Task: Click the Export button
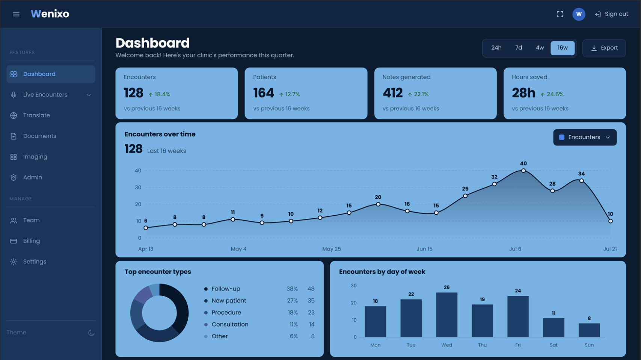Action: coord(604,48)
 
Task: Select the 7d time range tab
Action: coord(519,48)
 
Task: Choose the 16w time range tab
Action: coord(562,48)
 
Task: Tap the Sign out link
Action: coord(612,14)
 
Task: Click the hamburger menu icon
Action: coord(16,14)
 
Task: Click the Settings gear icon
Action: coord(14,262)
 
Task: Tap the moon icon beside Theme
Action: coord(91,333)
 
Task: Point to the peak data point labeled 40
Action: coord(523,171)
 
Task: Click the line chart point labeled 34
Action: coord(581,181)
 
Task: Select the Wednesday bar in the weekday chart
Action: coord(447,315)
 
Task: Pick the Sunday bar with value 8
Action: coord(589,330)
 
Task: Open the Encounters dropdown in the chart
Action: coord(585,138)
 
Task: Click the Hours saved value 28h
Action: coord(523,93)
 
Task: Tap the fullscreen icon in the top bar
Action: coord(560,14)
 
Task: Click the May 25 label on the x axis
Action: coord(331,249)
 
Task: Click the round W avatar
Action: coord(579,14)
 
